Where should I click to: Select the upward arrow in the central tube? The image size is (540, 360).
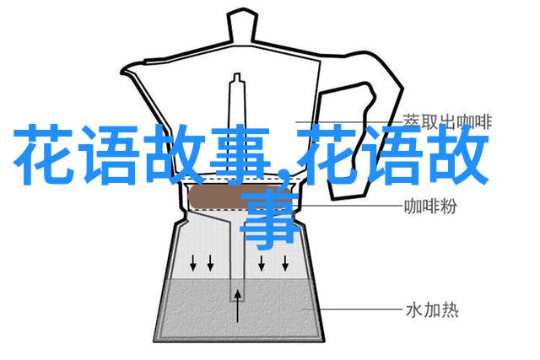[x=238, y=306]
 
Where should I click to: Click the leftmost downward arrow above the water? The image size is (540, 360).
[x=193, y=262]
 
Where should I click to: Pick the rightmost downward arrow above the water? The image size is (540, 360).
[x=285, y=262]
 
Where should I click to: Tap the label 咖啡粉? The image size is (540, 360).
[x=430, y=207]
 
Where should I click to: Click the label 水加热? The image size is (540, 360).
[x=432, y=310]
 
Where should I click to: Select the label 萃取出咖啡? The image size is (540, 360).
[x=447, y=121]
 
